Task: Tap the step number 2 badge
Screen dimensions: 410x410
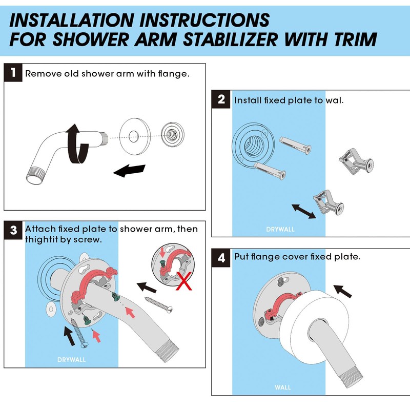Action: point(221,99)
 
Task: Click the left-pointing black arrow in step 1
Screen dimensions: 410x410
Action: point(129,171)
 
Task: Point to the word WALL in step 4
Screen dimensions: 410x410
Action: point(283,387)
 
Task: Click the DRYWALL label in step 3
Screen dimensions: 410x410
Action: point(71,359)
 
